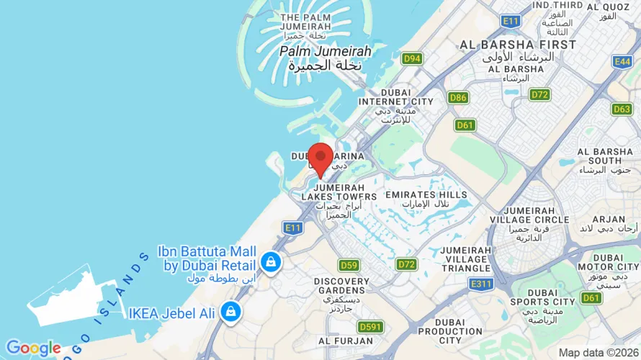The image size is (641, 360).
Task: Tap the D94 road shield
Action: pyautogui.click(x=412, y=59)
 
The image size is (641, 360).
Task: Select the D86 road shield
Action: pyautogui.click(x=458, y=97)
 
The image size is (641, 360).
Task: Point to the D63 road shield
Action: pyautogui.click(x=622, y=109)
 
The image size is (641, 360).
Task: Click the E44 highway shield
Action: pyautogui.click(x=623, y=62)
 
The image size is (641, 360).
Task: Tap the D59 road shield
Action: pyautogui.click(x=349, y=265)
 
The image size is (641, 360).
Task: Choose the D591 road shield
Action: pyautogui.click(x=370, y=327)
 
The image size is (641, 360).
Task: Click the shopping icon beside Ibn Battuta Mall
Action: pyautogui.click(x=271, y=261)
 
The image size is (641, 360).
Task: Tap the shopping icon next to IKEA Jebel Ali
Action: pyautogui.click(x=230, y=312)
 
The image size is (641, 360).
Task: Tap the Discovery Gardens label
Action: pyautogui.click(x=341, y=286)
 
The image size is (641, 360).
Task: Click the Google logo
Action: pyautogui.click(x=33, y=348)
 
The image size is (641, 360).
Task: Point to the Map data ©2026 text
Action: pyautogui.click(x=598, y=353)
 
